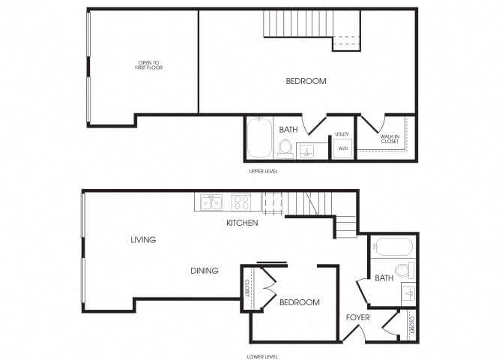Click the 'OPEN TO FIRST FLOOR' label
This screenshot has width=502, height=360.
point(150,65)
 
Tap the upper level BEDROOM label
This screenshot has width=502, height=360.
point(306,81)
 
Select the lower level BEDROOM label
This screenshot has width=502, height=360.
point(299,302)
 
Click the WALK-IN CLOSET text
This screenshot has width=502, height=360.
point(390,139)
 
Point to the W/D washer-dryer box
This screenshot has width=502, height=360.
point(343,148)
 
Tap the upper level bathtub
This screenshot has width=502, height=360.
point(258,138)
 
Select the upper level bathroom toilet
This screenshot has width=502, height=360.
point(285,148)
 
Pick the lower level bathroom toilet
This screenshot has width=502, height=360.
point(404,270)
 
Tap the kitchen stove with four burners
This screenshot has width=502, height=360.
point(241,202)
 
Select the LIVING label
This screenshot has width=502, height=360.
point(142,240)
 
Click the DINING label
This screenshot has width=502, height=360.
point(204,271)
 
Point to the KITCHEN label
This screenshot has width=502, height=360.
point(242,223)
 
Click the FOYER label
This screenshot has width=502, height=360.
point(357,317)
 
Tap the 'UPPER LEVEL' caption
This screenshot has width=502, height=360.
point(262,172)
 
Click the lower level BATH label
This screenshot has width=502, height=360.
point(384,278)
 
